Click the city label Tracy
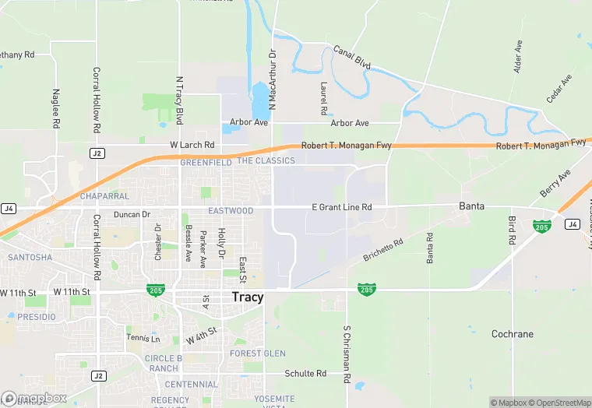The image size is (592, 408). (x=248, y=297)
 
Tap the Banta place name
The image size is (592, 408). (x=471, y=206)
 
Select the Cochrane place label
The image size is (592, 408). (x=513, y=334)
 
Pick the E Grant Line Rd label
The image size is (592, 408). (x=341, y=207)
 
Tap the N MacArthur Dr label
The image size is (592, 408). (x=273, y=81)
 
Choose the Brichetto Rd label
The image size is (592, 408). (x=383, y=250)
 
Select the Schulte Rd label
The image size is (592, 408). (x=305, y=374)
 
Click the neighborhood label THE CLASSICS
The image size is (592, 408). (x=266, y=161)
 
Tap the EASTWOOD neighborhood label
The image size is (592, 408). (x=231, y=211)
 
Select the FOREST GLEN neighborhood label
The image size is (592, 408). (x=258, y=353)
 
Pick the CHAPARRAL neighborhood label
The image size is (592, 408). (x=104, y=196)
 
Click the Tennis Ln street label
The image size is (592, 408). (x=143, y=339)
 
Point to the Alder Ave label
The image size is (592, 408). (x=518, y=58)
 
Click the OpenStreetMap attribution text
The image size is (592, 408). (x=561, y=403)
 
